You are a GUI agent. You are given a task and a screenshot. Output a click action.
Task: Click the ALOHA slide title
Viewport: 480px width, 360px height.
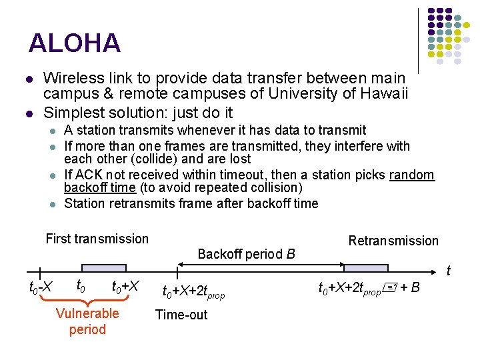click(75, 43)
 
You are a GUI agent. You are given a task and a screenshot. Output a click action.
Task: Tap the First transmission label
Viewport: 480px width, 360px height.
click(97, 239)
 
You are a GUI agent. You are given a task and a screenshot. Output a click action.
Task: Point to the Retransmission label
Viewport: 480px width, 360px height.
click(393, 241)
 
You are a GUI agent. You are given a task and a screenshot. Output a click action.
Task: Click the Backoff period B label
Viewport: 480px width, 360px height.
click(246, 254)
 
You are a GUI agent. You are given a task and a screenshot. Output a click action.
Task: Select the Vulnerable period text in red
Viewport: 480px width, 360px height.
click(87, 321)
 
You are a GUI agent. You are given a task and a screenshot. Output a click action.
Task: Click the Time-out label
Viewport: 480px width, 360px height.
click(181, 315)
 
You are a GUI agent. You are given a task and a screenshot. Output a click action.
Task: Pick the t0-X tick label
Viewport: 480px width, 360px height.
click(41, 288)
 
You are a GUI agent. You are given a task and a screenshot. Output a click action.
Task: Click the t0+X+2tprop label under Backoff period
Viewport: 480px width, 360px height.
click(194, 291)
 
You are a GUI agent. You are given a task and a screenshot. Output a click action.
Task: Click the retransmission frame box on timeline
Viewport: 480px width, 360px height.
click(365, 268)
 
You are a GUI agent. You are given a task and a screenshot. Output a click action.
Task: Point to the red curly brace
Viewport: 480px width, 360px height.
click(87, 302)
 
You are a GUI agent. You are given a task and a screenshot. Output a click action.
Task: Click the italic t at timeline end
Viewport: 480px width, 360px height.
click(448, 271)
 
